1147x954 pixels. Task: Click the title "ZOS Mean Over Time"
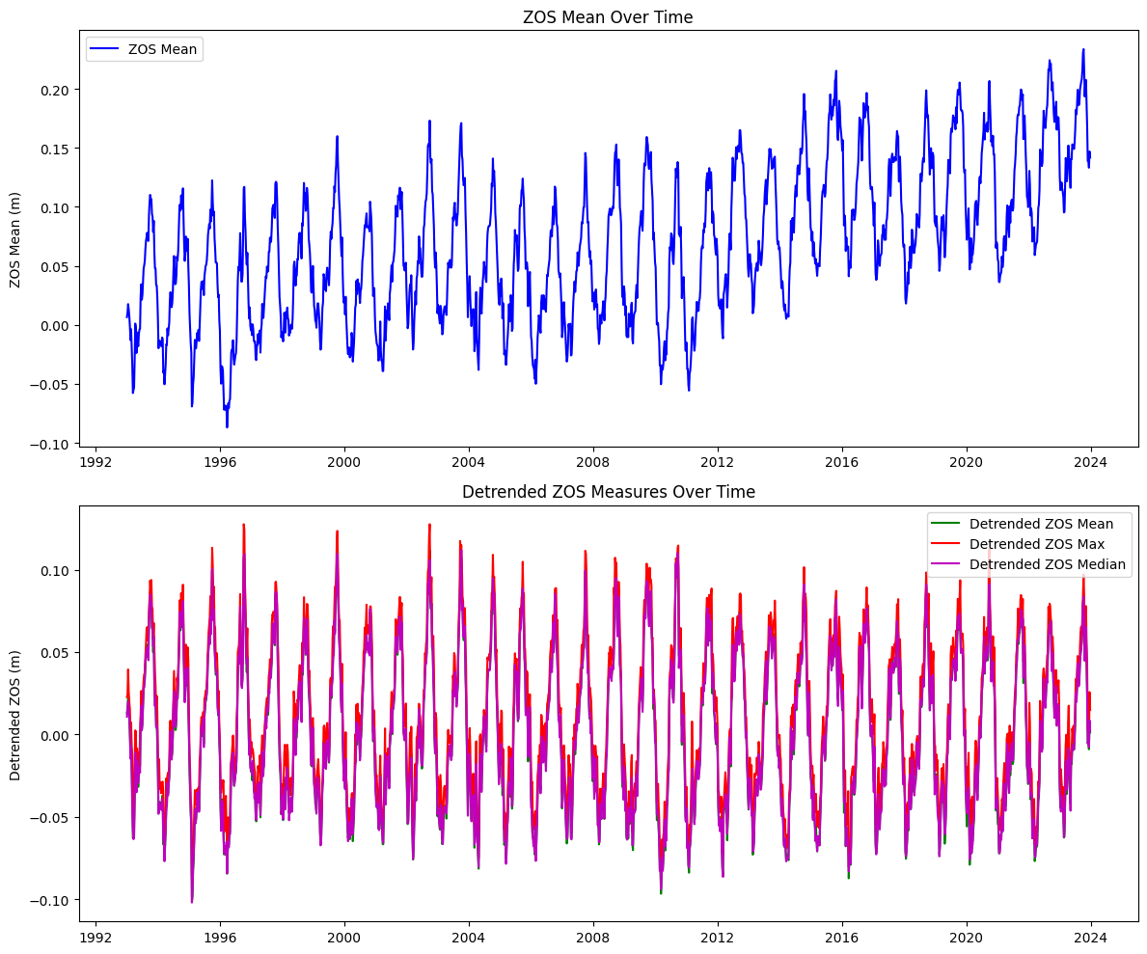[608, 17]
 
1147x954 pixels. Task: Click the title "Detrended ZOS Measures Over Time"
[608, 492]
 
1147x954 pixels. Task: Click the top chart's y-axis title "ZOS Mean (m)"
[15, 237]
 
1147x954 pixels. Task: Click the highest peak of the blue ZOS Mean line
[1082, 49]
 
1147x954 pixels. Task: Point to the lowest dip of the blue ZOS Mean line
[227, 426]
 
